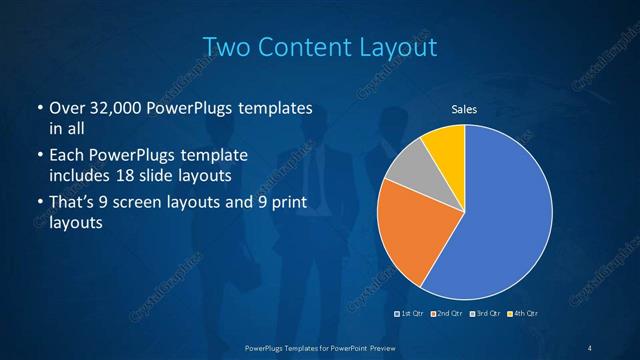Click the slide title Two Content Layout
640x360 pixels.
click(x=319, y=46)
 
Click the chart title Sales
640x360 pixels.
click(x=464, y=108)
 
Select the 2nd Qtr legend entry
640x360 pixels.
click(x=448, y=314)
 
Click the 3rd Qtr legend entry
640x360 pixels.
click(x=486, y=314)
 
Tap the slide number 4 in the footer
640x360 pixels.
click(x=590, y=347)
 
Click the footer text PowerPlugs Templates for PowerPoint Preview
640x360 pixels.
click(x=319, y=347)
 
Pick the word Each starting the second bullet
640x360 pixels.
click(x=66, y=156)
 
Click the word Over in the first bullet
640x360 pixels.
click(x=67, y=108)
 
